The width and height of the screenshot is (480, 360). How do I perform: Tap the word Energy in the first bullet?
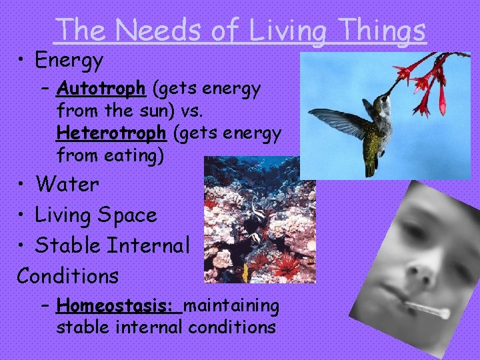[x=69, y=61]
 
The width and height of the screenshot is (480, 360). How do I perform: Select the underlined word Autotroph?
[x=101, y=88]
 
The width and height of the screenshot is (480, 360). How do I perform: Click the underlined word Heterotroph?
[x=111, y=134]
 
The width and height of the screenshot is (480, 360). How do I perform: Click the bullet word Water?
[x=67, y=184]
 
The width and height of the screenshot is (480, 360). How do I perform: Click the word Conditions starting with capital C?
[x=68, y=275]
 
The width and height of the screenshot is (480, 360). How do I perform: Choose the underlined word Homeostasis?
[x=119, y=306]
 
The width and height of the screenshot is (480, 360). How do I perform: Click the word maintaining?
[x=231, y=306]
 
